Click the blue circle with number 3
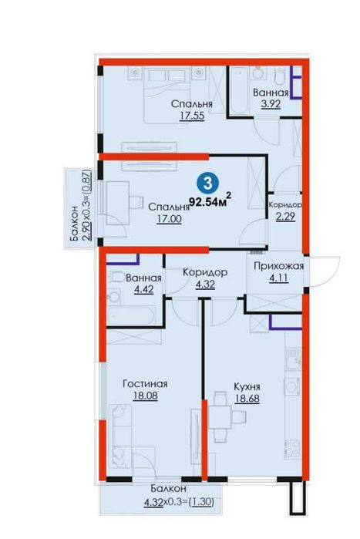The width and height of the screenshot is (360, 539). coord(208,183)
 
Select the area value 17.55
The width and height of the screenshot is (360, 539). coord(192,116)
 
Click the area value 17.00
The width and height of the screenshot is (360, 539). coord(169,219)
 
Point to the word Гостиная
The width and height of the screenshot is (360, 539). coord(145,384)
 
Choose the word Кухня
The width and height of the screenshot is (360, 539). coord(247,387)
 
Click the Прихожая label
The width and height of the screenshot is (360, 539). coord(278,266)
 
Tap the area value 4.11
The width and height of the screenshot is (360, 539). coord(278,278)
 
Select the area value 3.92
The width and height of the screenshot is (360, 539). coord(271,104)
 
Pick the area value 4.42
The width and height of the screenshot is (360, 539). coord(144,289)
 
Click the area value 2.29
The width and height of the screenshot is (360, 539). coord(285,217)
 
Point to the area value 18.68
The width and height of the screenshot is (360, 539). coord(247,399)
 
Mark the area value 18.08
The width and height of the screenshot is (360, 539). coord(145,396)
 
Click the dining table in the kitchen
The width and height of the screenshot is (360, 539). coord(220,416)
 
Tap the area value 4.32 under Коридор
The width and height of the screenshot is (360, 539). coord(205,285)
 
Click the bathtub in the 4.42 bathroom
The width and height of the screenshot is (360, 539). coord(130,315)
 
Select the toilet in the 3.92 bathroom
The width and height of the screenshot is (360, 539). coord(279,76)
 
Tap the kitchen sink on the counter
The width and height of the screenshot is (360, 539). coord(294,359)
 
